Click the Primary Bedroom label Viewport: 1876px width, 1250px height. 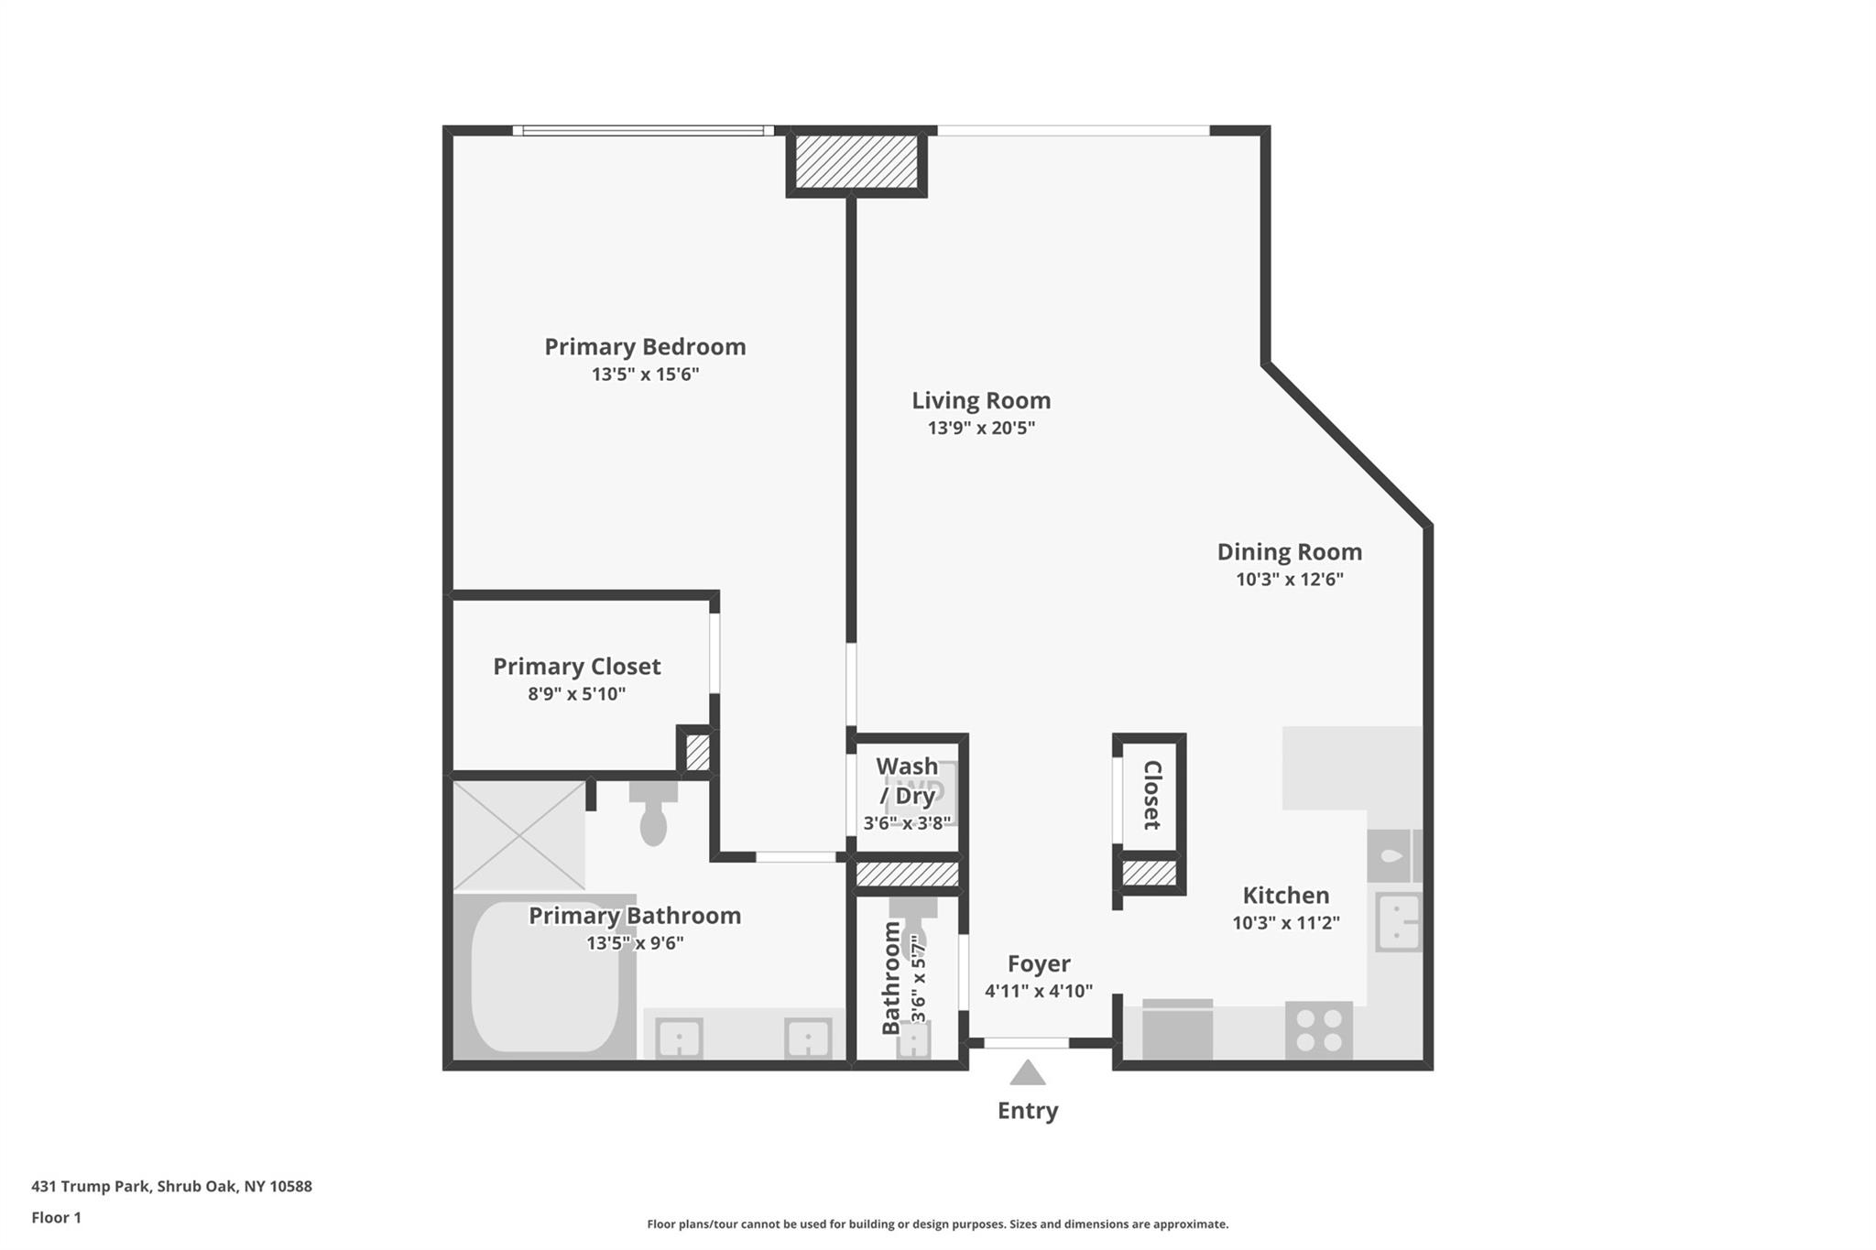645,347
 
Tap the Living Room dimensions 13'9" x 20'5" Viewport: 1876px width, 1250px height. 981,428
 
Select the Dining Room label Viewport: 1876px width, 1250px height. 1289,552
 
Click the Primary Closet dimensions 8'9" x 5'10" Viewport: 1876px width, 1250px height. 576,694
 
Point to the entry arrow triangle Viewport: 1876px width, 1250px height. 1028,1073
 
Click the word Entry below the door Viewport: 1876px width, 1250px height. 1028,1111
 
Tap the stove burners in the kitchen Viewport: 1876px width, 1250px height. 1319,1030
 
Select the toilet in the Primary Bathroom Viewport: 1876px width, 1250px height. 653,812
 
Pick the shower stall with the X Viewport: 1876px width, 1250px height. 519,835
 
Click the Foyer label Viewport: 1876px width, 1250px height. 1039,964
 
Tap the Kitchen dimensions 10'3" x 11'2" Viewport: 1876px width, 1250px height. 1286,923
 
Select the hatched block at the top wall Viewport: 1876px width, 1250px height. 856,161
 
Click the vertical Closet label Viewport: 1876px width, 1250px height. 1152,795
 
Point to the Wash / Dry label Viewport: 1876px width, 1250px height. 907,781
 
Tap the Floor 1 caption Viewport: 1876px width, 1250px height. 56,1218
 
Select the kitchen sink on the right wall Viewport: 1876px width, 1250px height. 1399,921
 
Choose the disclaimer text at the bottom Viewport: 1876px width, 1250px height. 938,1224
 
